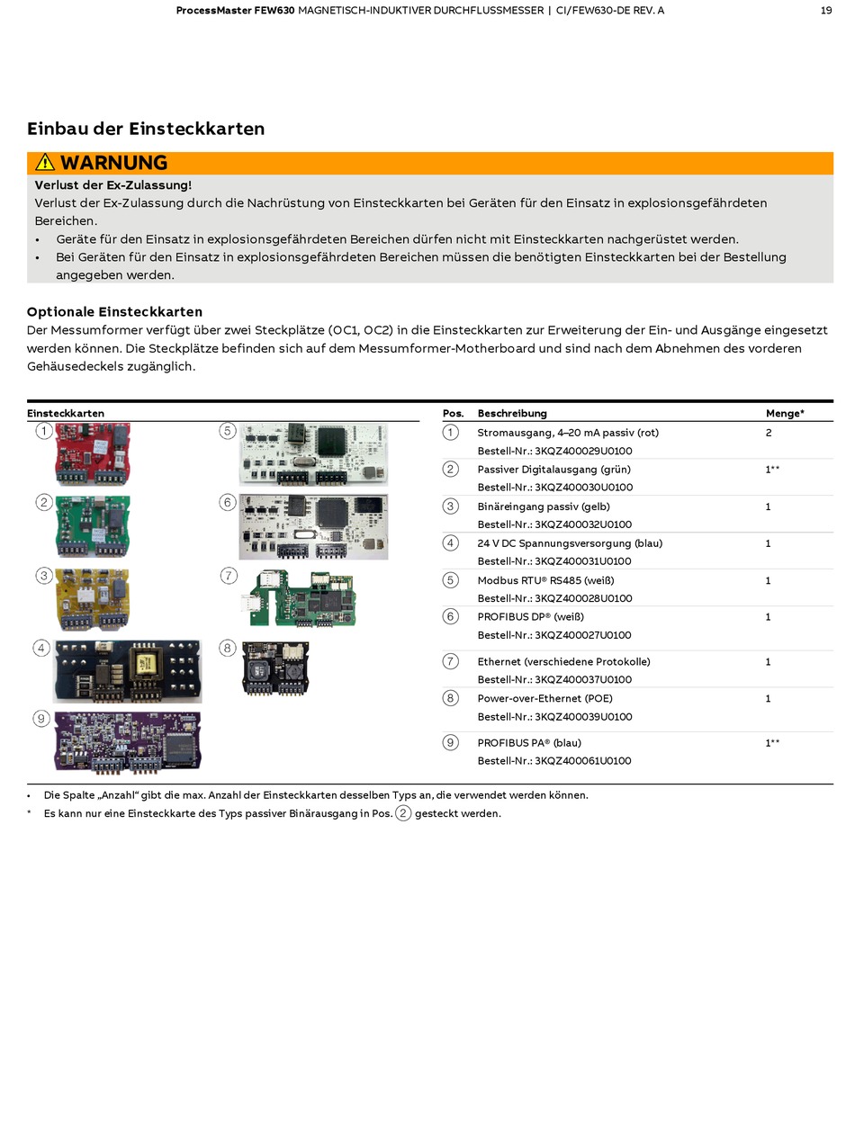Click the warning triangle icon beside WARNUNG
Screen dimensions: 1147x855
point(45,163)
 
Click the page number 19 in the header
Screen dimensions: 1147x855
point(825,11)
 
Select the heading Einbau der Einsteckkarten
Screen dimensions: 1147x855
point(146,129)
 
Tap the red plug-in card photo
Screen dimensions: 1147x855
point(93,454)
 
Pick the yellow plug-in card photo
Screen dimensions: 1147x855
point(92,598)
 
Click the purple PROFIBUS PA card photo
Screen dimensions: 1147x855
point(128,741)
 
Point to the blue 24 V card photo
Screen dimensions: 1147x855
point(127,670)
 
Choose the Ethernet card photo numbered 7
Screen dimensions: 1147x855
point(302,597)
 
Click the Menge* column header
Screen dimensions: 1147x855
point(785,414)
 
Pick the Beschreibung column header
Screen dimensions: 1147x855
point(512,414)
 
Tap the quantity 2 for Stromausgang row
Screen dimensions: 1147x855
point(769,433)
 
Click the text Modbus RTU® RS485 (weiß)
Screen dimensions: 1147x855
point(545,580)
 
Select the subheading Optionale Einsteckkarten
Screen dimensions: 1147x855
point(114,312)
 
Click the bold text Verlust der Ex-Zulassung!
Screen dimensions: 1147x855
point(113,185)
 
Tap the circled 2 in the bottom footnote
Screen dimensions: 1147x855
point(403,813)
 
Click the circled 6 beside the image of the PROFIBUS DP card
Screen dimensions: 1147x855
point(228,502)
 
